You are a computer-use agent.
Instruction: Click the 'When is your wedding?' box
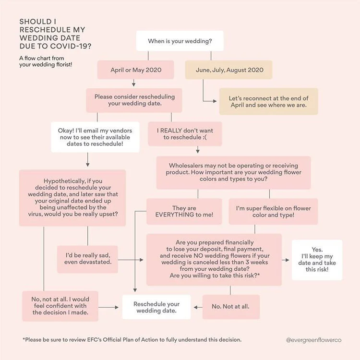point(180,41)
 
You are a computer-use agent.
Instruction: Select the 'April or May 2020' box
point(136,70)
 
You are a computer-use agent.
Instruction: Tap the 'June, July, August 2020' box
point(229,70)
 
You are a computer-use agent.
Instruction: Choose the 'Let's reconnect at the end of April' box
point(268,101)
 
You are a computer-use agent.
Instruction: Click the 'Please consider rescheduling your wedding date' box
point(134,100)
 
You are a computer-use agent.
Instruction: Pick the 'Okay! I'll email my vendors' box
point(95,137)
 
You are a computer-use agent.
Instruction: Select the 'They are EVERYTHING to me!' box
point(184,212)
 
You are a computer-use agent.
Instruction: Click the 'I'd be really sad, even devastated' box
point(88,258)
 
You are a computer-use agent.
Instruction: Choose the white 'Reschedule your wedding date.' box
point(156,307)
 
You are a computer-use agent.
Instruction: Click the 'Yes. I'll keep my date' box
point(317,260)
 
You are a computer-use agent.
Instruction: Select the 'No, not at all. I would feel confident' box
point(60,306)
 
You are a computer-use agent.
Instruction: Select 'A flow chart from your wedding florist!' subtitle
point(46,62)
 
